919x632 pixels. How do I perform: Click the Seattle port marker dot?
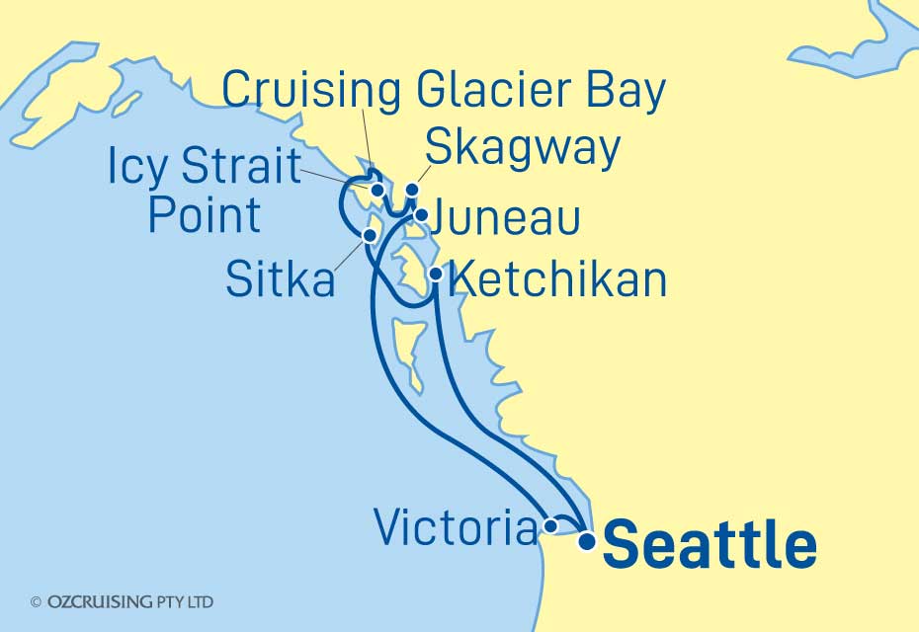pos(587,540)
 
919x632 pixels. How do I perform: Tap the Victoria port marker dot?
pos(549,527)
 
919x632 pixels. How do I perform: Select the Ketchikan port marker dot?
pos(435,273)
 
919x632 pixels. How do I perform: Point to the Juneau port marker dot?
pos(421,214)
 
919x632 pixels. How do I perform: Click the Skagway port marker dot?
pos(413,190)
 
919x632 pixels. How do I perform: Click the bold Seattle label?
pos(709,546)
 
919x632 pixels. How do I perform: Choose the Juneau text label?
pos(511,219)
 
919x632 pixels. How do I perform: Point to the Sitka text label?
pos(280,280)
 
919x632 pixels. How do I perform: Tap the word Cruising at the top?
pos(311,91)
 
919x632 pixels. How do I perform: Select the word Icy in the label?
pos(139,170)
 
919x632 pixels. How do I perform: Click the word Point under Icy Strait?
pos(204,215)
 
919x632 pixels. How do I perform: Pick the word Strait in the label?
pos(241,170)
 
